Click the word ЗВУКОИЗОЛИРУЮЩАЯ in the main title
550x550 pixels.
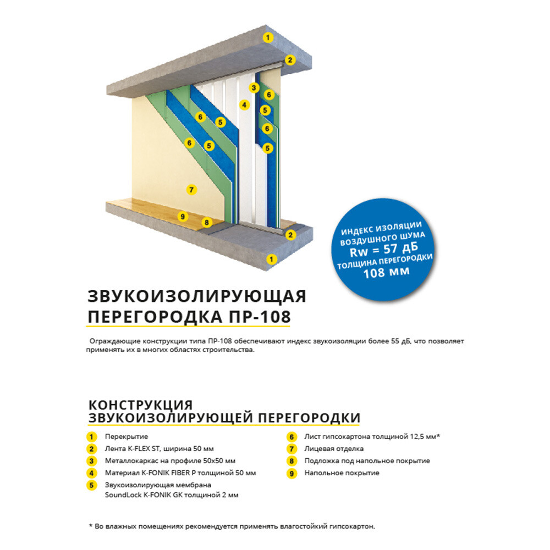[196, 297]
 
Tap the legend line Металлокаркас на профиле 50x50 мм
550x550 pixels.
[170, 461]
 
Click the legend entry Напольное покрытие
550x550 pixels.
[342, 473]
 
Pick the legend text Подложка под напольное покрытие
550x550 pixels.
[367, 461]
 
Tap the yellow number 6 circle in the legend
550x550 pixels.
[291, 437]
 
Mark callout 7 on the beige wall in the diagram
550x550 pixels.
[191, 190]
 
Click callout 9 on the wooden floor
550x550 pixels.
[183, 217]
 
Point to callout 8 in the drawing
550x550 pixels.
[207, 223]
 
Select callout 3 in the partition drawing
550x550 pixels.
[254, 87]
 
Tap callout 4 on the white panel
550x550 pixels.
[244, 104]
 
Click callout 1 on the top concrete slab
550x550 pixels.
[268, 37]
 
